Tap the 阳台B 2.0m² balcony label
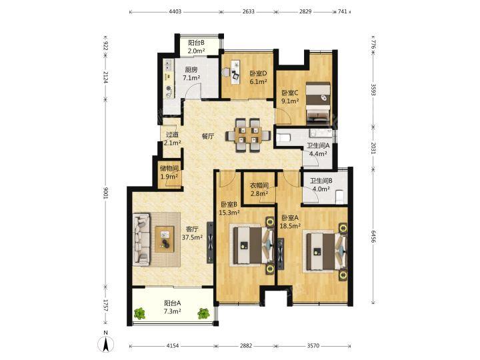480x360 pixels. click(x=196, y=47)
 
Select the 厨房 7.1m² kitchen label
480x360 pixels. click(x=191, y=74)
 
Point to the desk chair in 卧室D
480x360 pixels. click(x=226, y=73)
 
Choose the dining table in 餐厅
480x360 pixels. click(x=248, y=135)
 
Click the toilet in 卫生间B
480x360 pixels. click(x=340, y=196)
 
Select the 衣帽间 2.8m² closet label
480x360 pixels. click(x=259, y=189)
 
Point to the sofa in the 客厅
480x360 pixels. click(x=141, y=239)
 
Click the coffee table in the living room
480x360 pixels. click(x=165, y=239)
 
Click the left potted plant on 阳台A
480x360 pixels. click(x=139, y=313)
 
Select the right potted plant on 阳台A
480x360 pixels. click(x=203, y=313)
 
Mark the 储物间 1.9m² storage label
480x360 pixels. click(x=169, y=173)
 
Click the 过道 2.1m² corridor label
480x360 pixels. click(x=173, y=139)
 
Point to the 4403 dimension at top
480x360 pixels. click(x=175, y=11)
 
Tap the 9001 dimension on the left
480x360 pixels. click(x=105, y=193)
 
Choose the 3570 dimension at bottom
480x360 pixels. click(x=313, y=345)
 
